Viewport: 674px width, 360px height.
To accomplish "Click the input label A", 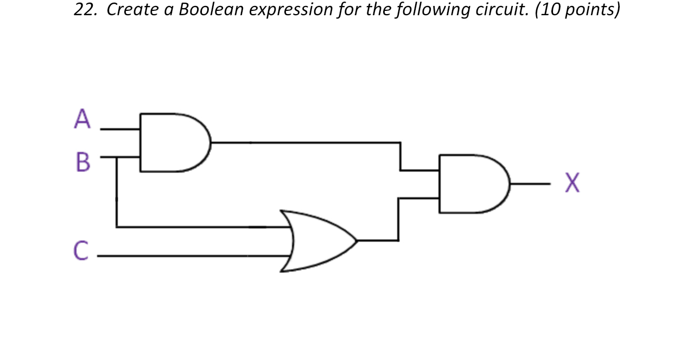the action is pyautogui.click(x=82, y=119).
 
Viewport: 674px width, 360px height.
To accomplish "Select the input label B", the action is pyautogui.click(x=82, y=161).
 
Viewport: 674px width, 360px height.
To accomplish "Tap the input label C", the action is pyautogui.click(x=81, y=251).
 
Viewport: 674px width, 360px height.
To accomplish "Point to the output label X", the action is pyautogui.click(x=572, y=184).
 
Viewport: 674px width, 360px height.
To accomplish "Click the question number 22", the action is pyautogui.click(x=85, y=10).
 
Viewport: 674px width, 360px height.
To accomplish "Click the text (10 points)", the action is pyautogui.click(x=577, y=10).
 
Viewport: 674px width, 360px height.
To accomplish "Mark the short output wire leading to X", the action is pyautogui.click(x=531, y=184).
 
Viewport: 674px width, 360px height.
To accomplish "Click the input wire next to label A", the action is pyautogui.click(x=120, y=129).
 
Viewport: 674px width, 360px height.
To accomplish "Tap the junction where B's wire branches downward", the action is pyautogui.click(x=117, y=157).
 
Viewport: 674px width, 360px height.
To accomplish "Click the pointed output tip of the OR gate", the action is pyautogui.click(x=357, y=240).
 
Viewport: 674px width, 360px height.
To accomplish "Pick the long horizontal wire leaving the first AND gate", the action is pyautogui.click(x=304, y=142).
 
